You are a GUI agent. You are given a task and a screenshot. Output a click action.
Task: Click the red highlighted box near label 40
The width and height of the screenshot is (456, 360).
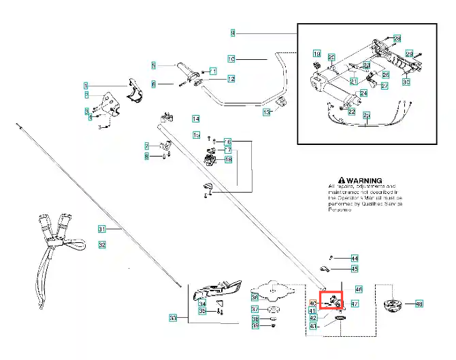[x=331, y=299]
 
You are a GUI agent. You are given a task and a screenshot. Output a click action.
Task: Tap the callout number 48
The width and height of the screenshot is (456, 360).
[x=419, y=304]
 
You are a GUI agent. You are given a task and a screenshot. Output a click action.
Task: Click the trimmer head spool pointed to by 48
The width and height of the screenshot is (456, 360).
[x=393, y=305]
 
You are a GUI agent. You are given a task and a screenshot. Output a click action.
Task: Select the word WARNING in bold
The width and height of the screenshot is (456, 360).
[x=365, y=181]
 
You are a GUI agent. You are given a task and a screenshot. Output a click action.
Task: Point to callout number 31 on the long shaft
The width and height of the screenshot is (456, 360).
[x=102, y=229]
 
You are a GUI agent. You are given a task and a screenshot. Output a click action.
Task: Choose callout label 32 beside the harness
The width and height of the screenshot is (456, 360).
[x=102, y=244]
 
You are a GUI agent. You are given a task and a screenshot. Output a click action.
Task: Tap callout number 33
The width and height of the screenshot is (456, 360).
[x=173, y=318]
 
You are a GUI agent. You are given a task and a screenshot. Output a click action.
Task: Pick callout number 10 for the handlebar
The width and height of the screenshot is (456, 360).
[x=231, y=59]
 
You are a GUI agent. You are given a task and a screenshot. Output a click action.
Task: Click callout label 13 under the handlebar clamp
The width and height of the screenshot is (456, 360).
[x=267, y=111]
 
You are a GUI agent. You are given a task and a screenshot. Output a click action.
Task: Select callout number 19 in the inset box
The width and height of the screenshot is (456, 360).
[x=316, y=53]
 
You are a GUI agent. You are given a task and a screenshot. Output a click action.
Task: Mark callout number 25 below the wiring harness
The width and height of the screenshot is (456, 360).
[x=366, y=115]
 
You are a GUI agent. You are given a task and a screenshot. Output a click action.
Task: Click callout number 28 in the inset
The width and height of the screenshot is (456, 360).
[x=397, y=38]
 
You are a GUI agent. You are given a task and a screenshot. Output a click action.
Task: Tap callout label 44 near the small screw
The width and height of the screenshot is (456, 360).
[x=354, y=259]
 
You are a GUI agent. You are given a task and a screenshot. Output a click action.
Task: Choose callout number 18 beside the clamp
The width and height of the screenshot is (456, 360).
[x=228, y=159]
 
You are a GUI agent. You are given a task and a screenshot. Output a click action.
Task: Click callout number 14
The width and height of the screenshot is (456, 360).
[x=195, y=118]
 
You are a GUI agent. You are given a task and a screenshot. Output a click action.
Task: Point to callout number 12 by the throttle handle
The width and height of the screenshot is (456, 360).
[x=231, y=80]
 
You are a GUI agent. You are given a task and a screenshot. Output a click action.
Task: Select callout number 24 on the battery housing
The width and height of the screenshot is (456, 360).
[x=363, y=93]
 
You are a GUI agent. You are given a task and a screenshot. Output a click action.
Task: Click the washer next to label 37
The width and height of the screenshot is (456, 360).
[x=272, y=310]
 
